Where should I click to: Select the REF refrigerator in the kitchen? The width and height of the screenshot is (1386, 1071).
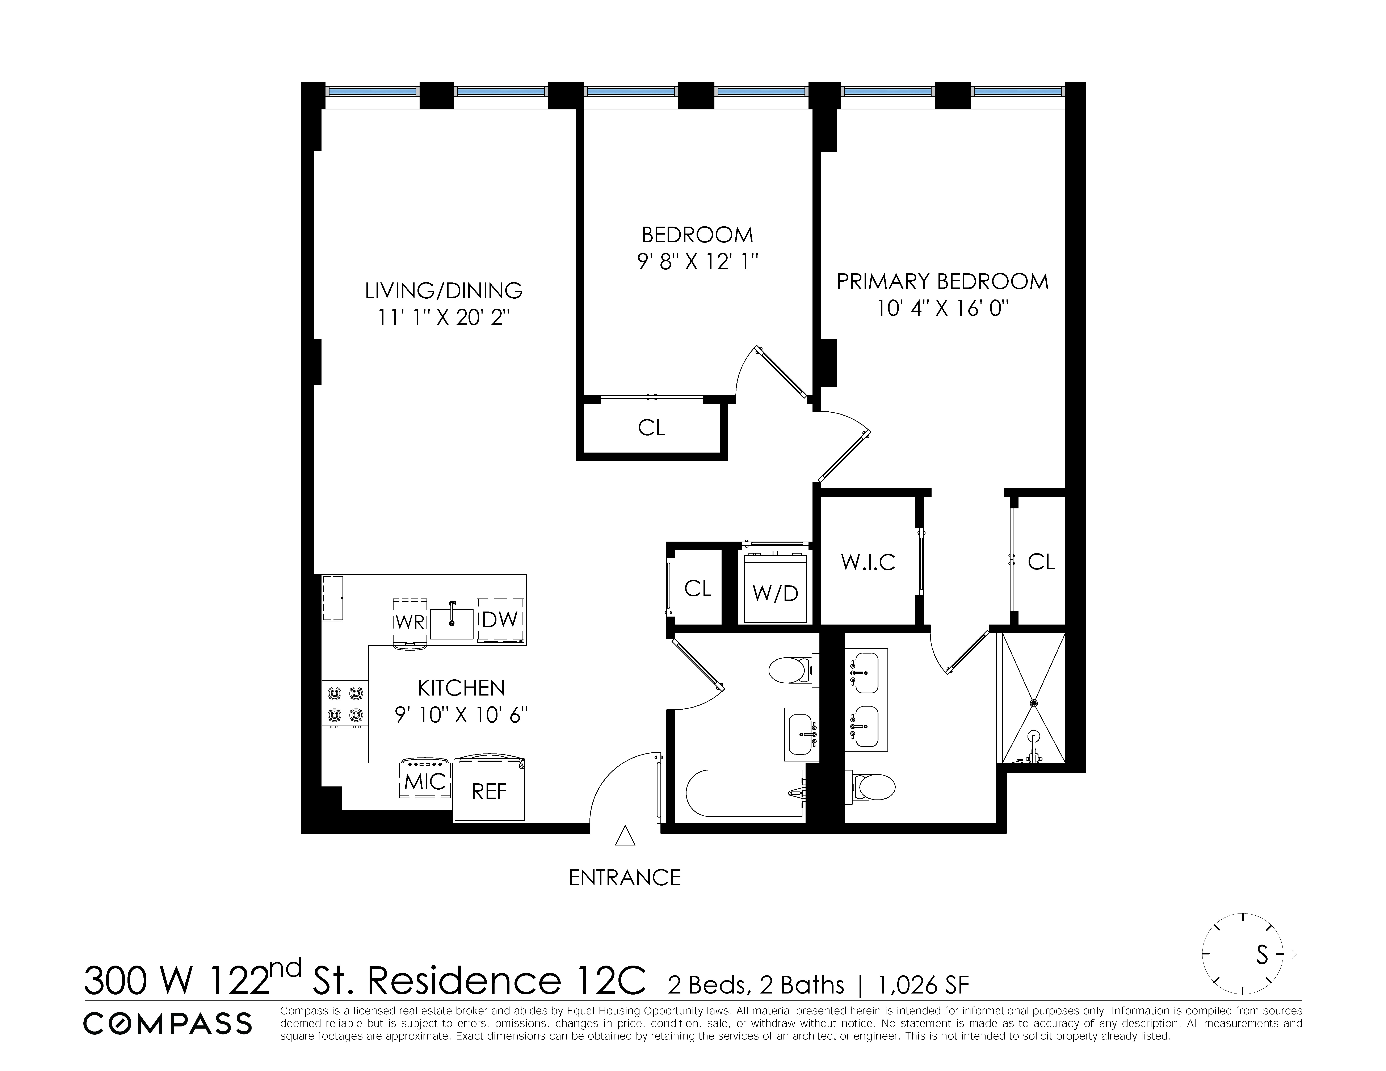point(489,791)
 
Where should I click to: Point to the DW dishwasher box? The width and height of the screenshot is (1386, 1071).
point(501,620)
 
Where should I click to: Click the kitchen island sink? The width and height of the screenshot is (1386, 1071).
point(452,623)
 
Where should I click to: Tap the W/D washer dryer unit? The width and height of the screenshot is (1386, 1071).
point(776,592)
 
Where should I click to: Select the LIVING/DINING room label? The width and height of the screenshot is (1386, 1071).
point(444,291)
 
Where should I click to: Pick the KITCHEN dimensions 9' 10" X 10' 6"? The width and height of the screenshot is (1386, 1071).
point(461,715)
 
